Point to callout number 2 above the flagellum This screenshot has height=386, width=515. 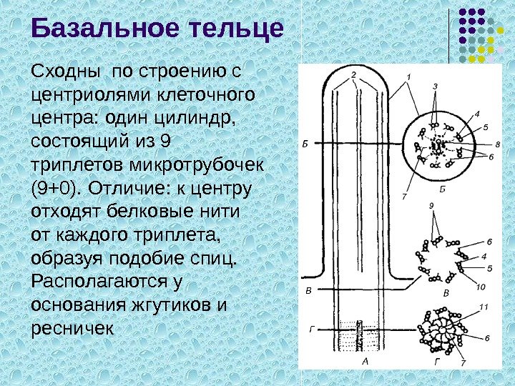(x=353, y=74)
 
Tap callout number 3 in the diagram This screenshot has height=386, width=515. (x=435, y=87)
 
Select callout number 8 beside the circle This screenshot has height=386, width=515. (x=497, y=145)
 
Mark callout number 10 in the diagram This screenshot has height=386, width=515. (x=480, y=287)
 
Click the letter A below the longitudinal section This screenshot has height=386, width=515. (x=365, y=361)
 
